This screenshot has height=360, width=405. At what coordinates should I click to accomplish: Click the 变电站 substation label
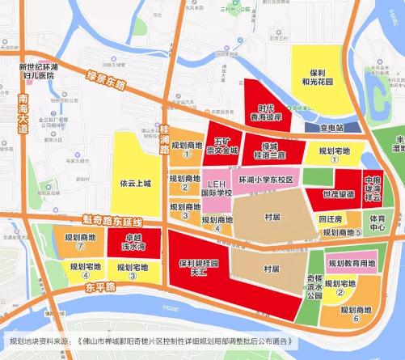point(328,128)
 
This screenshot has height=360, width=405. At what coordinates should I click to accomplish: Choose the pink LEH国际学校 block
point(216,188)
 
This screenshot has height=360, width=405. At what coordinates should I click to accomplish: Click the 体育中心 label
point(378,222)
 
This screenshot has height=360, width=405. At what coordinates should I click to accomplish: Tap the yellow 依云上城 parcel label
point(135,183)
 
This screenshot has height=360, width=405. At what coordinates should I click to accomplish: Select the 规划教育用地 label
point(356,264)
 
